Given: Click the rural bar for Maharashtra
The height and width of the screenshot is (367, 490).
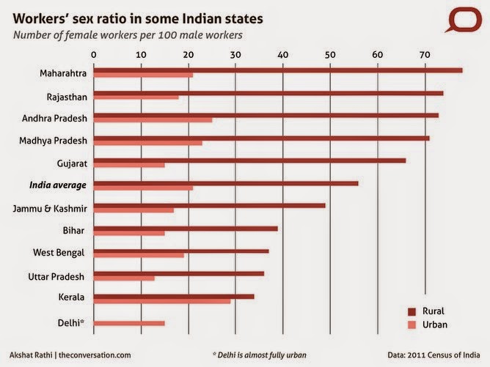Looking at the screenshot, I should pos(278,70).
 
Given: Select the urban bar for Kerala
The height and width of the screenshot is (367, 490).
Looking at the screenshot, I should pos(162,301).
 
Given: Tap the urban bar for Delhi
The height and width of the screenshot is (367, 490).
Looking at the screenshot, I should pos(129,323).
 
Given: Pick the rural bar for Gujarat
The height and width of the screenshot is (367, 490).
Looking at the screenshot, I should pos(249,160).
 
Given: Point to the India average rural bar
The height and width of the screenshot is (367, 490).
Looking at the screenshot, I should pos(226,183).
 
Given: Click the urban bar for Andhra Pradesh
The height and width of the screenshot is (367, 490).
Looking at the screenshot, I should pos(153,120).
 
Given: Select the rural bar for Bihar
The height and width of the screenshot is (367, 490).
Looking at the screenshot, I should pos(186,229).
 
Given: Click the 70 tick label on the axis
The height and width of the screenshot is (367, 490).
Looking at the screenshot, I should pos(425,54).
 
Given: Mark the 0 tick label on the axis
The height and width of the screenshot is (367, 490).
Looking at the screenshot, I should pos(94,54).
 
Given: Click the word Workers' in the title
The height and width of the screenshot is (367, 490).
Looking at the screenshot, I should pos(37,17).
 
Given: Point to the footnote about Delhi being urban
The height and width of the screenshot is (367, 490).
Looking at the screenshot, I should pos(259,355).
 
